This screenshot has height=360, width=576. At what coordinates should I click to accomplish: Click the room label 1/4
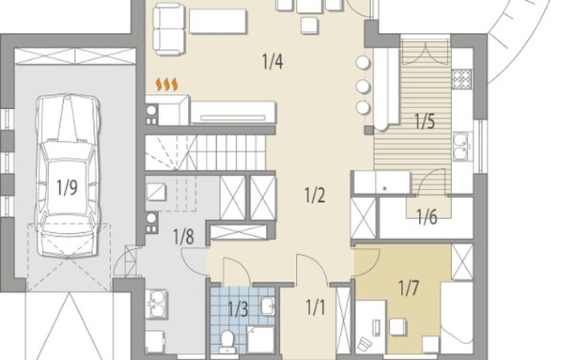pos(272,62)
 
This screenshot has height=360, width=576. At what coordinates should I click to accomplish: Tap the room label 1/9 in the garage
pos(67,188)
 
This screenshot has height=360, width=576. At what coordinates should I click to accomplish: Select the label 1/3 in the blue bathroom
pos(238,309)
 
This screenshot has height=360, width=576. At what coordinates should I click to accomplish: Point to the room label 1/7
pos(409,288)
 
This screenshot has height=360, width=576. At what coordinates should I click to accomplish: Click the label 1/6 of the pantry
pos(427,217)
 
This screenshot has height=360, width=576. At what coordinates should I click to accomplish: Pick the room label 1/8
pos(184,236)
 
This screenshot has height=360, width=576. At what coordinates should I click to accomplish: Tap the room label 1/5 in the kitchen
pos(425,121)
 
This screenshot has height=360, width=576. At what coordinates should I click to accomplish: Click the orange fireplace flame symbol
pos(166,84)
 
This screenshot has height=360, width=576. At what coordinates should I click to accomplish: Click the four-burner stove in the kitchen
pos(462,79)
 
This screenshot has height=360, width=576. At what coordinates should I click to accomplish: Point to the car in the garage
pos(67,176)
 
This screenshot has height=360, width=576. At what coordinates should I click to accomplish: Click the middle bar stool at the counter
pos(363,86)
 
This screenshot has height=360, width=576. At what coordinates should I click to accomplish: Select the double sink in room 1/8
pos(157,304)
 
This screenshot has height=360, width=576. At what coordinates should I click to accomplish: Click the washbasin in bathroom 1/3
pos(267,306)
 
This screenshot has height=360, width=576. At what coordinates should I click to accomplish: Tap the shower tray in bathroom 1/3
pos(260,339)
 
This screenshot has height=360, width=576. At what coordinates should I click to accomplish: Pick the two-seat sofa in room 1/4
pos(169,29)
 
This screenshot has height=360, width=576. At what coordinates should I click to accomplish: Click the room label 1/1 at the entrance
pos(315,307)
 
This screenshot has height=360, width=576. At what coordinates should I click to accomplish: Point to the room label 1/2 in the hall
pos(315,195)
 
